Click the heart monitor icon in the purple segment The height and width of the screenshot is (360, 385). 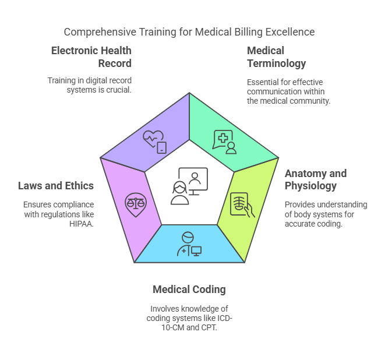pyautogui.click(x=155, y=142)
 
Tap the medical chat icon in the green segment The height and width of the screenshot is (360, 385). pyautogui.click(x=224, y=142)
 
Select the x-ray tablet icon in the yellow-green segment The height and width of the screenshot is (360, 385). pyautogui.click(x=242, y=205)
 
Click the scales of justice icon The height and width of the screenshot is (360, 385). pyautogui.click(x=136, y=205)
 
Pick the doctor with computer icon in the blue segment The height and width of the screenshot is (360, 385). pyautogui.click(x=189, y=244)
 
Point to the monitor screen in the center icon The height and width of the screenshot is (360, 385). pyautogui.click(x=193, y=179)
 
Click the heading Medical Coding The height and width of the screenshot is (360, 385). pyautogui.click(x=189, y=290)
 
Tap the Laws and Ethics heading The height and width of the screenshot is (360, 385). pyautogui.click(x=56, y=186)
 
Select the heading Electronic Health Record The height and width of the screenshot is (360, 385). pyautogui.click(x=91, y=57)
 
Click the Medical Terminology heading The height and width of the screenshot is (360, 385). pyautogui.click(x=277, y=57)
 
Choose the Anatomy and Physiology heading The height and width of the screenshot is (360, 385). pyautogui.click(x=316, y=180)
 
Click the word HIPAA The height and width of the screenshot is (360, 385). pyautogui.click(x=82, y=224)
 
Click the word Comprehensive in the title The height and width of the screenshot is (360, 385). pyautogui.click(x=100, y=32)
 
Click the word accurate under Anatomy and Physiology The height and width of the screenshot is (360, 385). pyautogui.click(x=298, y=224)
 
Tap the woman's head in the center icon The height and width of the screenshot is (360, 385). pyautogui.click(x=180, y=188)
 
